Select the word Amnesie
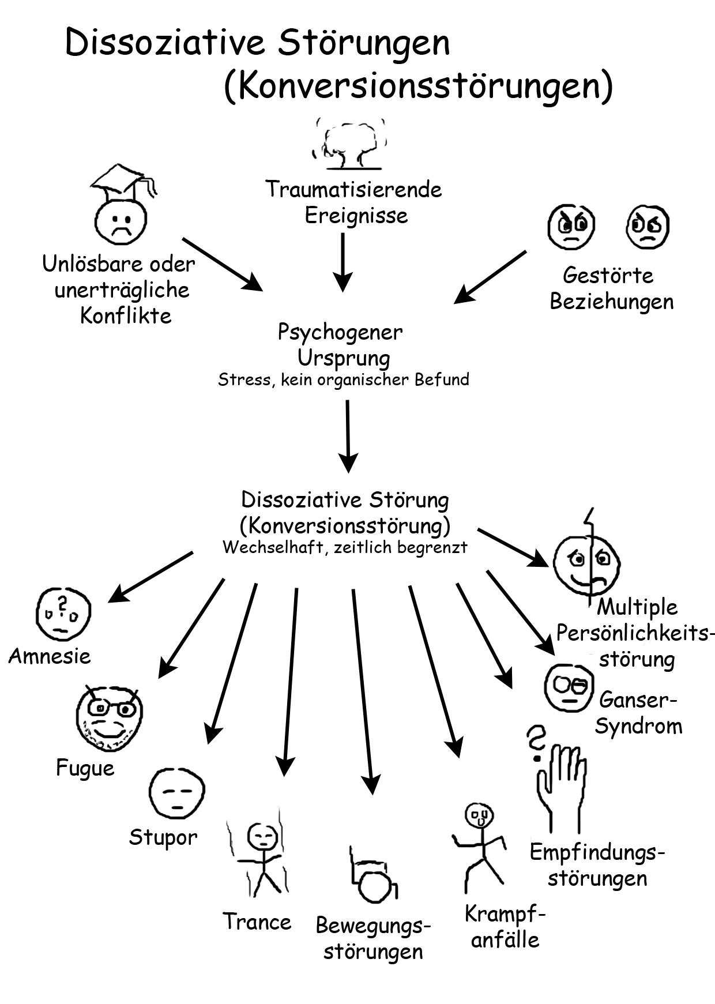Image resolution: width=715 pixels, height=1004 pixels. [x=50, y=656]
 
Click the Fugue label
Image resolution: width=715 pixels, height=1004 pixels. [x=85, y=768]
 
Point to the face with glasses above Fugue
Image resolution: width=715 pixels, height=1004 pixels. [x=109, y=719]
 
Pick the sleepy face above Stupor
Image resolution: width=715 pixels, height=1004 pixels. [x=176, y=793]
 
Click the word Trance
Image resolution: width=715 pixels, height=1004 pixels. [x=257, y=922]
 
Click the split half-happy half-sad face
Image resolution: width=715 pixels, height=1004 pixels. [x=586, y=562]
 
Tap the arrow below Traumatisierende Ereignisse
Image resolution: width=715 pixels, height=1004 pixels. [x=343, y=262]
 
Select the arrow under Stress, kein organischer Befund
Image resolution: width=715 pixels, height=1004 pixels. [x=348, y=436]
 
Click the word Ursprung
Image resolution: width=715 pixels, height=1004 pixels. [x=343, y=358]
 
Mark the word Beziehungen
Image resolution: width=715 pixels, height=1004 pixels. [x=611, y=302]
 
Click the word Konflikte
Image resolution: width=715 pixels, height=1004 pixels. [x=126, y=315]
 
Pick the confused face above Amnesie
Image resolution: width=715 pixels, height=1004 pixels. [x=63, y=612]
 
